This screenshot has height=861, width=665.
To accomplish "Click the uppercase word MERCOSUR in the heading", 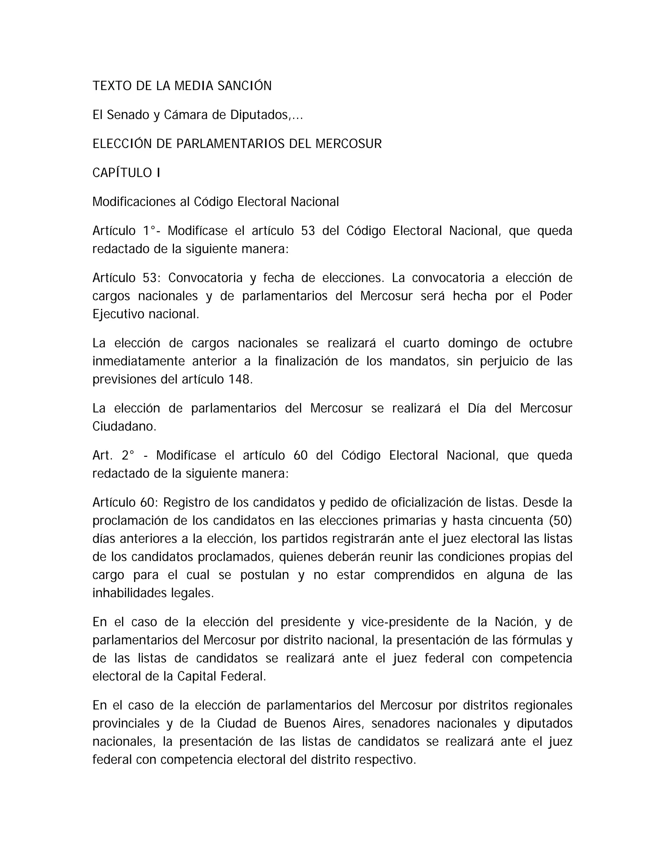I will [x=349, y=144].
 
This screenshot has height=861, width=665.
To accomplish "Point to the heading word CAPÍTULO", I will [x=122, y=173].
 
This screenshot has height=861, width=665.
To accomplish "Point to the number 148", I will [x=239, y=379].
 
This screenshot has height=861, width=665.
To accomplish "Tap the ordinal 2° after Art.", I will [x=128, y=455].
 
